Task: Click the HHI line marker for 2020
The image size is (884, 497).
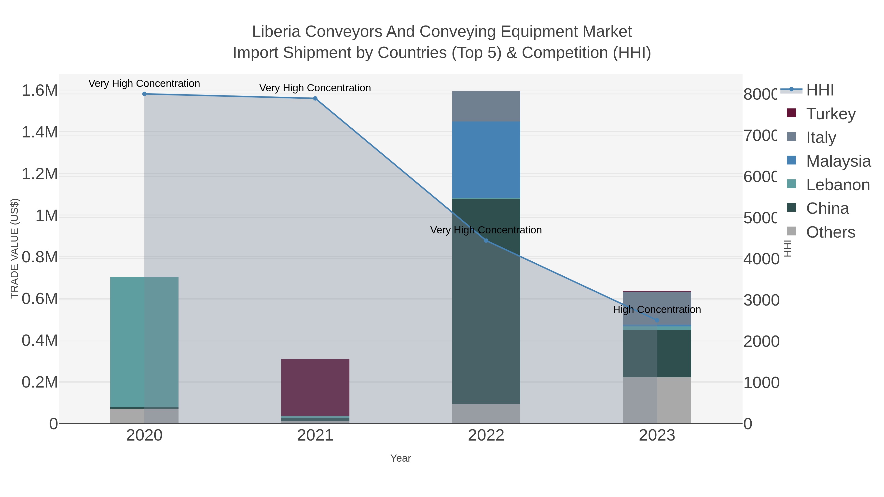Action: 144,94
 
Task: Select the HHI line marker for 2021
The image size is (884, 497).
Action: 315,98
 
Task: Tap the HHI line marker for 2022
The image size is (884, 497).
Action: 486,241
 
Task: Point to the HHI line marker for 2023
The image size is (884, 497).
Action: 657,320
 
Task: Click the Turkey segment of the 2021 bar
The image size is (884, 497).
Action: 315,387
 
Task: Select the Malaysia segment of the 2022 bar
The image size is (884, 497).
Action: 486,160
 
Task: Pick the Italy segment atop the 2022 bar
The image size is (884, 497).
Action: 486,106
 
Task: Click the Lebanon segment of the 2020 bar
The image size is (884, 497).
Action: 144,342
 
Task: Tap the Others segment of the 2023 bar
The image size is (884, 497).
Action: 657,400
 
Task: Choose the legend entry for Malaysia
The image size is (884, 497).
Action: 838,161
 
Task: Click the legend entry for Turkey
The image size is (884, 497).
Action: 830,114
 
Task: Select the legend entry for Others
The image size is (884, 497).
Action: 830,232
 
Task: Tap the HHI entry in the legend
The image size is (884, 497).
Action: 819,90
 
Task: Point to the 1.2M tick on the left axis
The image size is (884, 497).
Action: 40,174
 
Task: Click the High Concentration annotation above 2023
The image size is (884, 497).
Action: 657,310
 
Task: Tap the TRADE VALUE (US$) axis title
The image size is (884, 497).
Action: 15,248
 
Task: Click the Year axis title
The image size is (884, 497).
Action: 401,458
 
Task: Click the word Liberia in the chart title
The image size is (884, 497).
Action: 276,32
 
